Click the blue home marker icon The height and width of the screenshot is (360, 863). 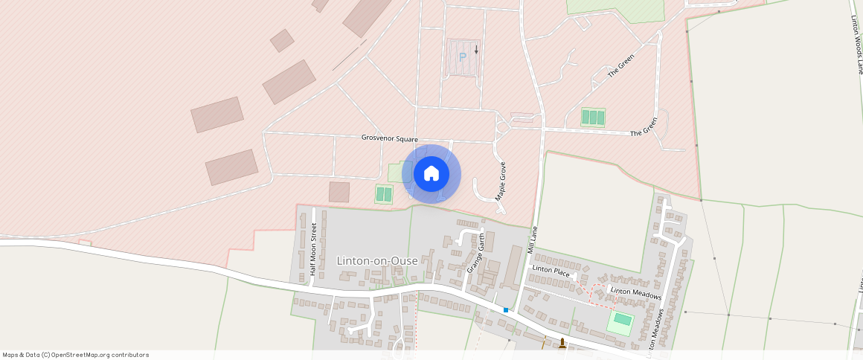[431, 174]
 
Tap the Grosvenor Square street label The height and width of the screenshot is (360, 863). [389, 138]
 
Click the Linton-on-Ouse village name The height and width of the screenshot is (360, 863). [376, 260]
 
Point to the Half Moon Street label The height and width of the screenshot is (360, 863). [313, 251]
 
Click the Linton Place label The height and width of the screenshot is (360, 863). [551, 271]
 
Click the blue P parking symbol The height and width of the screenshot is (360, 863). [462, 57]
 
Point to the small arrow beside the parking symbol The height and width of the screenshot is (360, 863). [476, 50]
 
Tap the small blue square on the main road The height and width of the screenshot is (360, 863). [506, 309]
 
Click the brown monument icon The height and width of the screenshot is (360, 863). [562, 344]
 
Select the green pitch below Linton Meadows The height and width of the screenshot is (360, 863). [622, 321]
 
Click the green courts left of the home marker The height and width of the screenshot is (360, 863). [383, 194]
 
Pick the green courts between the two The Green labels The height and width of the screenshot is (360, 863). [593, 118]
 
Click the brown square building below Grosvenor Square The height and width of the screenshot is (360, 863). [339, 192]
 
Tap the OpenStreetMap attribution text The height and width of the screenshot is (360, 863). [75, 355]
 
